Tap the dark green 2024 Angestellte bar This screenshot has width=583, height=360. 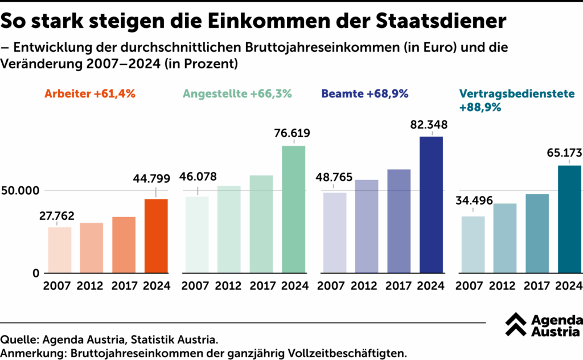[294, 209]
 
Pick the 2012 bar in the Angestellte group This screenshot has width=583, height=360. [229, 229]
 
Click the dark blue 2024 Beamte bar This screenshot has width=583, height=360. [432, 204]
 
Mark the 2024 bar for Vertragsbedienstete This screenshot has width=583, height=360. [569, 219]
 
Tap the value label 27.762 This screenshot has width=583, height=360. [58, 216]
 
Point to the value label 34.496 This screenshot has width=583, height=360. [473, 201]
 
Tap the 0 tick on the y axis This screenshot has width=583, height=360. [36, 273]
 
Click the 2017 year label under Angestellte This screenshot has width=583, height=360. [261, 286]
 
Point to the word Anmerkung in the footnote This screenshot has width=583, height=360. [32, 353]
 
